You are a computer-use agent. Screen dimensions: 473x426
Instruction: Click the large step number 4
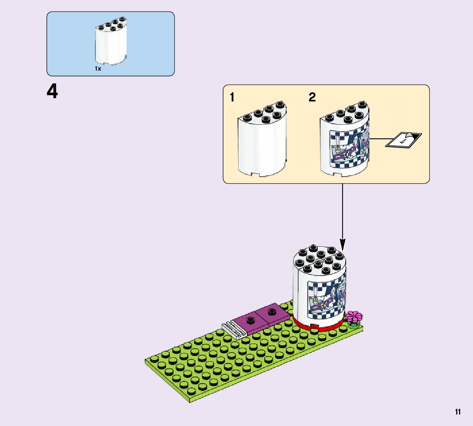(53, 91)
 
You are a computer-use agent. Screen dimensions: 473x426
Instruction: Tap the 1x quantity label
(98, 69)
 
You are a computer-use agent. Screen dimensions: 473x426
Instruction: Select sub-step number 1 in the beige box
(232, 97)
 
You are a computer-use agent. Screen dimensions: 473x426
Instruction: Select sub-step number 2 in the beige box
(312, 97)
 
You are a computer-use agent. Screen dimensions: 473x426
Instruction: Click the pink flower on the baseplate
(354, 316)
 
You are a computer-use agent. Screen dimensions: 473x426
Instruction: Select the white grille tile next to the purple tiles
(233, 329)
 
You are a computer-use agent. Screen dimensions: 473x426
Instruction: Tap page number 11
(457, 412)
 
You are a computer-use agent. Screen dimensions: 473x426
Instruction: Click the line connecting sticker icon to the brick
(378, 140)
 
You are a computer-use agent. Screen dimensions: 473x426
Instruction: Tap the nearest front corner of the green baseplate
(189, 401)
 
